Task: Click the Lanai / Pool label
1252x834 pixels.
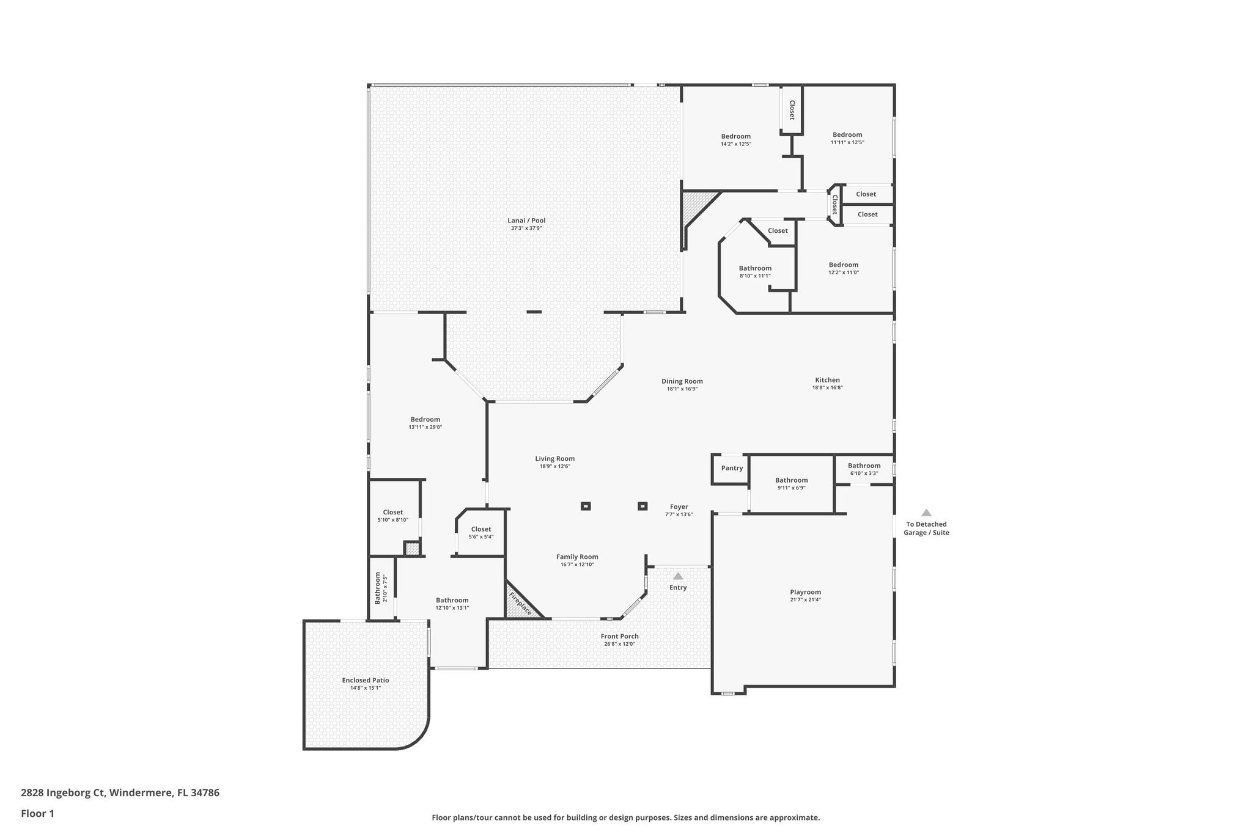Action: pyautogui.click(x=526, y=221)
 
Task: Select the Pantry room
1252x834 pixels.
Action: pyautogui.click(x=732, y=469)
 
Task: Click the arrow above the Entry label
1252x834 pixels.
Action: pyautogui.click(x=678, y=576)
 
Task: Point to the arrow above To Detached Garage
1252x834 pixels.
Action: pyautogui.click(x=926, y=513)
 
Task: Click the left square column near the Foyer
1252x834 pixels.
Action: pyautogui.click(x=586, y=506)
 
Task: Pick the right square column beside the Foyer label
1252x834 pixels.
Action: pyautogui.click(x=643, y=506)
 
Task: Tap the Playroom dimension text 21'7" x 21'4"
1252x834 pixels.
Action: pyautogui.click(x=805, y=600)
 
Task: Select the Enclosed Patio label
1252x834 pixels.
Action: pyautogui.click(x=366, y=680)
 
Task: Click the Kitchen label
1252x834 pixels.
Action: pyautogui.click(x=827, y=380)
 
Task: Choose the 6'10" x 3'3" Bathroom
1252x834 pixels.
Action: pyautogui.click(x=864, y=469)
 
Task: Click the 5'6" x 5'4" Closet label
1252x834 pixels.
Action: pyautogui.click(x=481, y=529)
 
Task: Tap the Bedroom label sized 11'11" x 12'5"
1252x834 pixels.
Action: pyautogui.click(x=847, y=135)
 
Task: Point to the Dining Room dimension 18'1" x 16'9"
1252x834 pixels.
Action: pyautogui.click(x=682, y=389)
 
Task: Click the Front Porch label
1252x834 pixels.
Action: pyautogui.click(x=619, y=636)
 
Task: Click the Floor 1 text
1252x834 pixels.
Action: pyautogui.click(x=38, y=813)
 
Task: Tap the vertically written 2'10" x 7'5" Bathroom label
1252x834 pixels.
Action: pyautogui.click(x=378, y=588)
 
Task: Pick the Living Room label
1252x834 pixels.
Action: pyautogui.click(x=554, y=459)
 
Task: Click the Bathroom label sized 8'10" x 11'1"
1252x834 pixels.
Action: pyautogui.click(x=755, y=268)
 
